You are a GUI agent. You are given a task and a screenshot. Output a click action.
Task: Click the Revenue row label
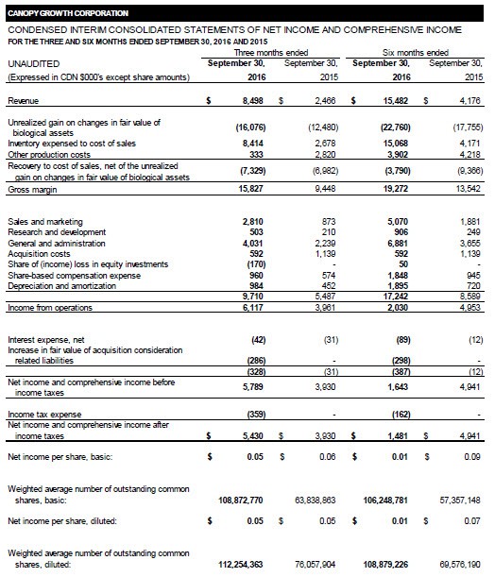click(x=24, y=99)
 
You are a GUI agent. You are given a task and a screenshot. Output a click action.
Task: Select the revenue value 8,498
click(x=247, y=99)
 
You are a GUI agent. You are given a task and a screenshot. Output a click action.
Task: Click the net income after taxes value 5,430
click(x=247, y=434)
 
